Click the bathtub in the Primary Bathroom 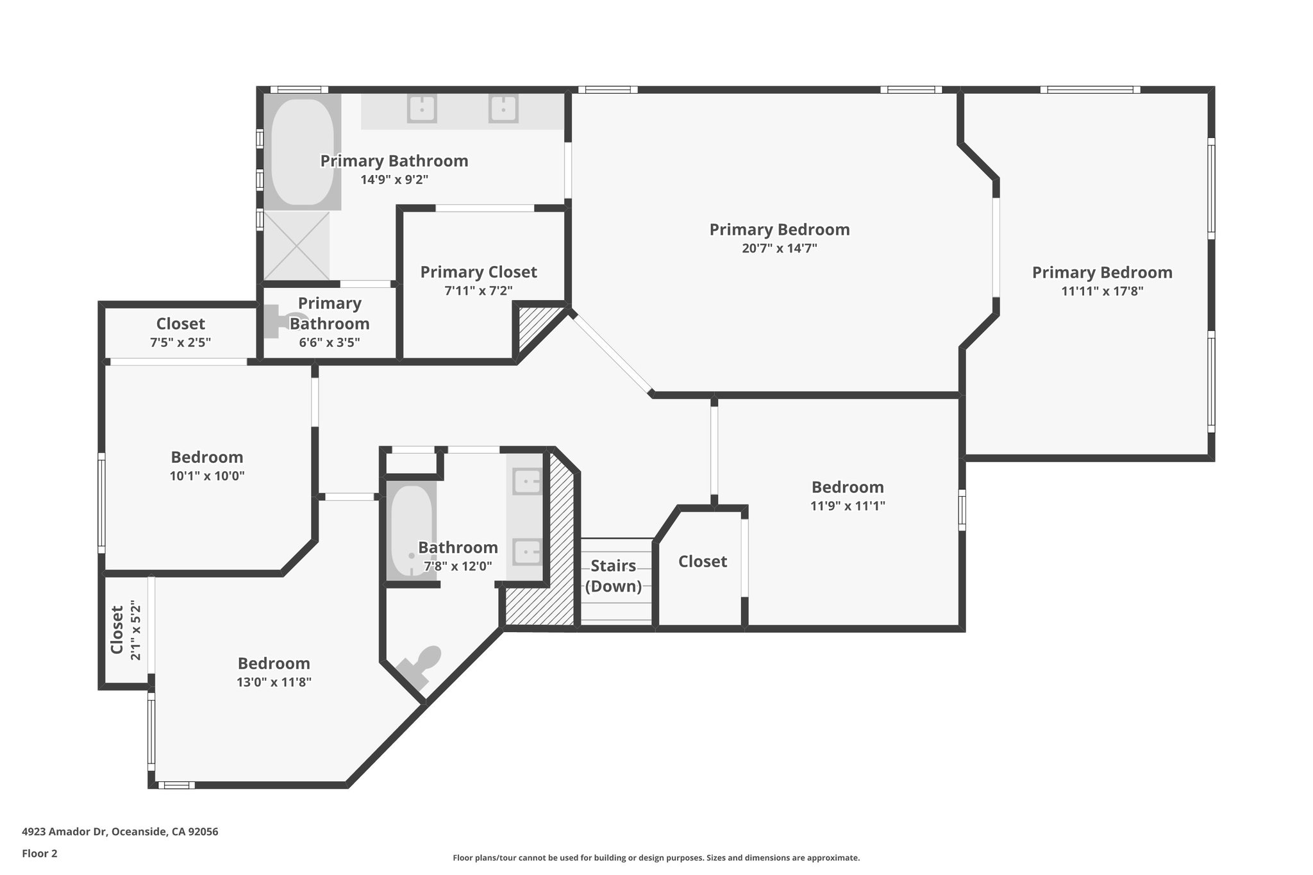pos(302,153)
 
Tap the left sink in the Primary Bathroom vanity pos(422,108)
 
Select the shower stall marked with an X pos(296,246)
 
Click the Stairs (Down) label pos(614,576)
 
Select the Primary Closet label pos(478,272)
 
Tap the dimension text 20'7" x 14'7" pos(779,249)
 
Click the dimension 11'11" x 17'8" pos(1102,291)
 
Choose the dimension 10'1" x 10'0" pos(207,476)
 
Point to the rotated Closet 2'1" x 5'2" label pos(125,630)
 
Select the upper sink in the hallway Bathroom pos(528,480)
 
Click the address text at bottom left pos(120,832)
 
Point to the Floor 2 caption pos(40,853)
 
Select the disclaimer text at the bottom pos(656,858)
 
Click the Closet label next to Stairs pos(703,562)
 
